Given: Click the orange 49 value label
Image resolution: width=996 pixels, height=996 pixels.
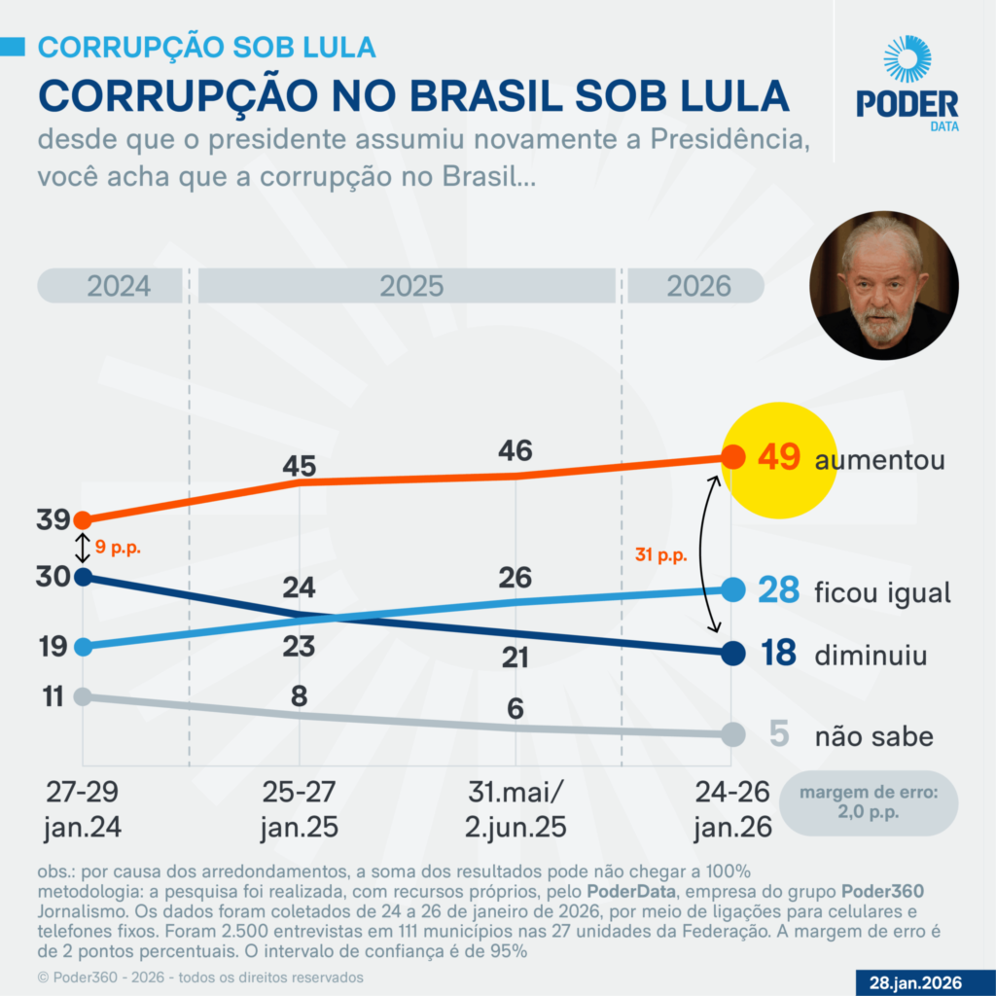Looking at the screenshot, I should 778,458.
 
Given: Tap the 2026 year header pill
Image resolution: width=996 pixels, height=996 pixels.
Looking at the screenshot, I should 697,286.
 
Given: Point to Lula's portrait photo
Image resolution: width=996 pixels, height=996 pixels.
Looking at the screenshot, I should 883,287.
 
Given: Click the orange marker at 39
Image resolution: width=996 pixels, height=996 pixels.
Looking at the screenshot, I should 83,520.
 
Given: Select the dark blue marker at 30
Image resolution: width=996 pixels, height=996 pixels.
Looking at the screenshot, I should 83,577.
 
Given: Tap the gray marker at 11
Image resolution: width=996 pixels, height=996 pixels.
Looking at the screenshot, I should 83,696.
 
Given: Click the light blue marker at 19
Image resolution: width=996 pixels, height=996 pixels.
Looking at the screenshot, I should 83,646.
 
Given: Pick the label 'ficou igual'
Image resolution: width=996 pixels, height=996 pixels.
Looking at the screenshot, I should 881,592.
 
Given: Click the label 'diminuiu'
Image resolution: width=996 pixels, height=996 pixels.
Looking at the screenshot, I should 871,655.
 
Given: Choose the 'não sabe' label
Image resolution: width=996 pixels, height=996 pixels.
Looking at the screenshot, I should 873,736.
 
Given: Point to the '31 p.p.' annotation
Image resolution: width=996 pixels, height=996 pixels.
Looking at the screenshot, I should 659,556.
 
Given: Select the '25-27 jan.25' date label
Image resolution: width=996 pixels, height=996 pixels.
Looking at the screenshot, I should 299,809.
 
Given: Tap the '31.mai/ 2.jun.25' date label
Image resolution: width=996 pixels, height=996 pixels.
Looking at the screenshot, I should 515,809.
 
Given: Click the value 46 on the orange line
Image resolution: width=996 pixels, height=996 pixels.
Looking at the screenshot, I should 515,450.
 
